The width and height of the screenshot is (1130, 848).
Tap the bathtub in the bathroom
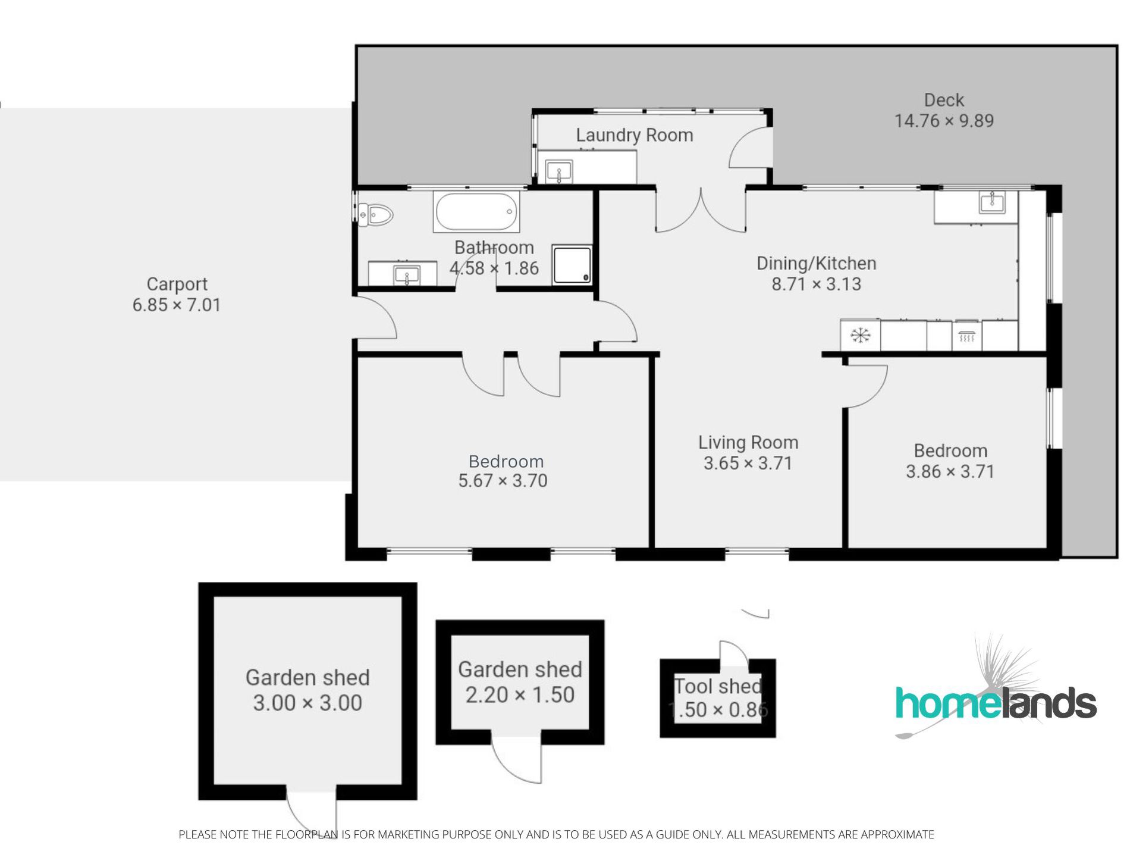tap(476, 212)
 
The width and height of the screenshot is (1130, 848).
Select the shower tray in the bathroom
tap(572, 264)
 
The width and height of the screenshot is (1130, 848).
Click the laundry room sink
tap(559, 172)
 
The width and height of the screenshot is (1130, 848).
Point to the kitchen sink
tap(991, 202)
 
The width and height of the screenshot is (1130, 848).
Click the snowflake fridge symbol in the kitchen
tap(861, 336)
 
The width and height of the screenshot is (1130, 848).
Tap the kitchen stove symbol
tap(966, 336)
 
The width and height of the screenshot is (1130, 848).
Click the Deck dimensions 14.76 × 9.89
tap(944, 121)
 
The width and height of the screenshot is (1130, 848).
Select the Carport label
tap(177, 284)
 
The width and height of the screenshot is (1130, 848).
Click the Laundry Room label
tap(635, 136)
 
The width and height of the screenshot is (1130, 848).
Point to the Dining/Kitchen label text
tap(817, 264)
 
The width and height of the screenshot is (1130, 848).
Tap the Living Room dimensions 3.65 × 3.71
tap(748, 463)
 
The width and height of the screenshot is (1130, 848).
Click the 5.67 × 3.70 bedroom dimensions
tap(503, 480)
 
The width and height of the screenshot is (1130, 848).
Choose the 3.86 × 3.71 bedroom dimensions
tap(950, 471)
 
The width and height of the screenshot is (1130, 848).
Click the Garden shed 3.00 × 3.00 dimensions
tap(307, 703)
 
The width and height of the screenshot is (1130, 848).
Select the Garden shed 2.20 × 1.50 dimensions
tap(520, 694)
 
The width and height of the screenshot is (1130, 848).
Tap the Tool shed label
tap(718, 686)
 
